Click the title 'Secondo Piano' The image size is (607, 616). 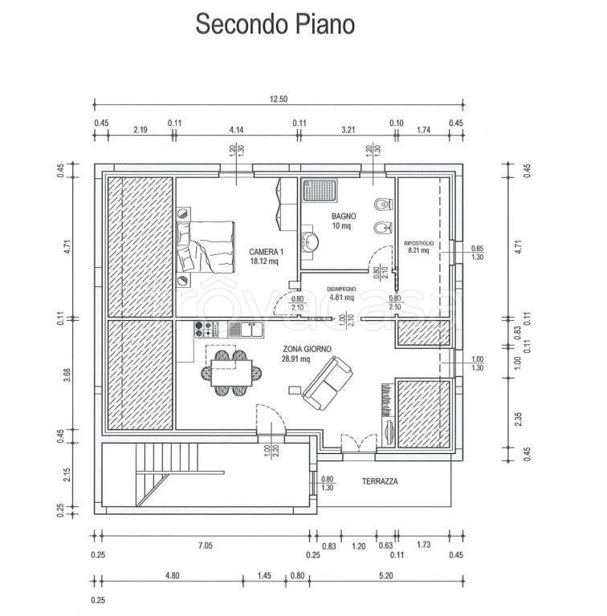275,25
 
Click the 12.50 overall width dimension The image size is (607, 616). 278,99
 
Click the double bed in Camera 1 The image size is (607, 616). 206,246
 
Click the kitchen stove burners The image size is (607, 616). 204,329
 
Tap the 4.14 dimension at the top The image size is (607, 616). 236,129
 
